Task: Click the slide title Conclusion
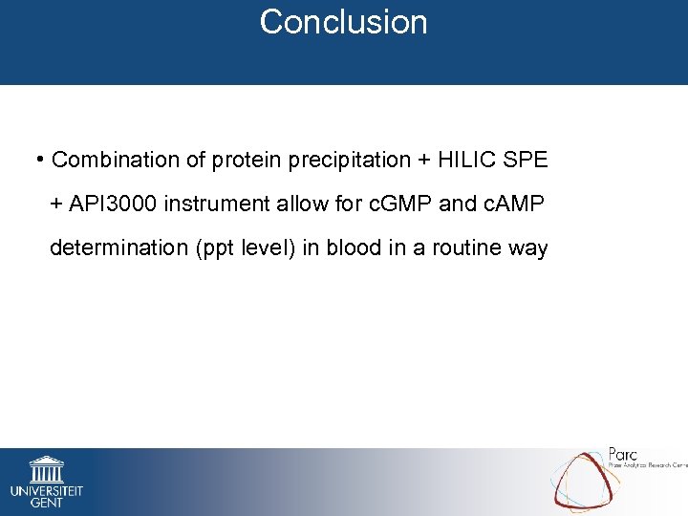[x=343, y=22]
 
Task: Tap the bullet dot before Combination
[x=40, y=158]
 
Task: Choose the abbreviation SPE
[x=526, y=161]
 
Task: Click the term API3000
[x=118, y=204]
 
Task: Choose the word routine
[x=467, y=248]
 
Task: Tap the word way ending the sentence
[x=527, y=248]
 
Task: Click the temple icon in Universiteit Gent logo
[x=46, y=469]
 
